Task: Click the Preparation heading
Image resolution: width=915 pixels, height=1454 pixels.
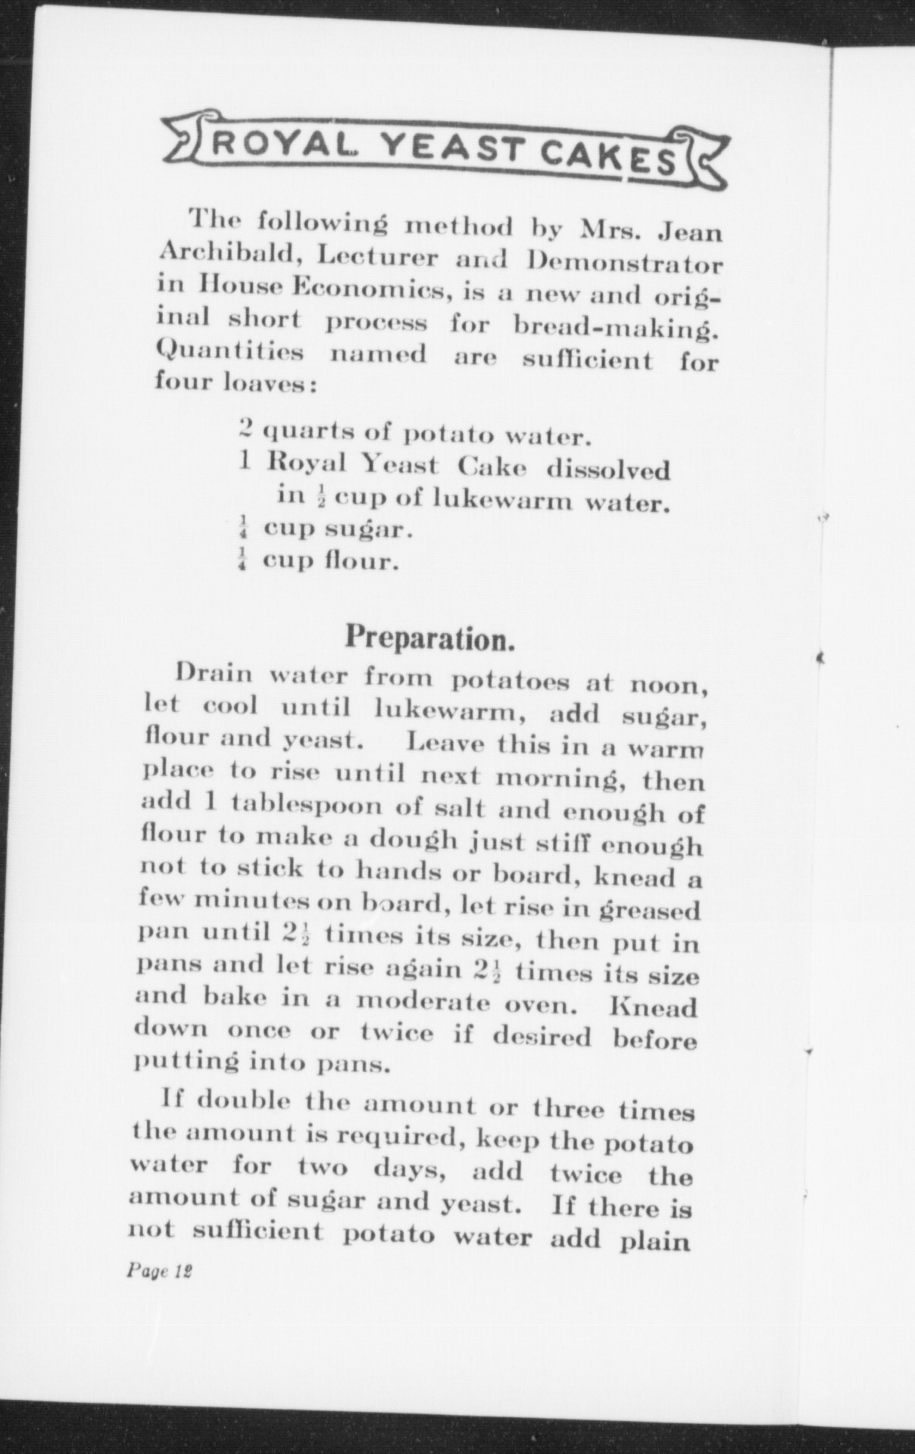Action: [430, 638]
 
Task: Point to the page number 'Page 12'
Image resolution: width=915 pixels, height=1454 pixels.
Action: [159, 1271]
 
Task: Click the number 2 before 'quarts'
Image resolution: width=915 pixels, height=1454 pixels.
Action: [245, 429]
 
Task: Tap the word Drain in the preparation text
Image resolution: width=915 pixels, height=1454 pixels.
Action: [213, 672]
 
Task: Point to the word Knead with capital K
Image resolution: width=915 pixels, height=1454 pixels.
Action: [653, 1008]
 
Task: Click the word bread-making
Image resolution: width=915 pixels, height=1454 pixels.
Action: [616, 326]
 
